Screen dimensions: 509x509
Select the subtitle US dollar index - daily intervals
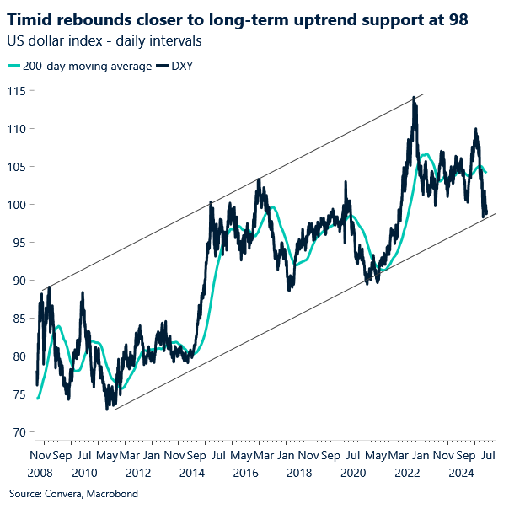[104, 40]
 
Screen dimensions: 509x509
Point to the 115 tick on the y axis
[17, 91]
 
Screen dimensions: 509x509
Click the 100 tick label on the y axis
[17, 205]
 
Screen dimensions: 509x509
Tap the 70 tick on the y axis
[20, 432]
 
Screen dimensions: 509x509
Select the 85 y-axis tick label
[20, 319]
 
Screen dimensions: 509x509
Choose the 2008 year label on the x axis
[40, 472]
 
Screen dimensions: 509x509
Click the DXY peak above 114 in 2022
[413, 98]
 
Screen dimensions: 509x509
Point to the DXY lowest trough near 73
[107, 409]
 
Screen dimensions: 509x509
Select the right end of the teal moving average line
[486, 173]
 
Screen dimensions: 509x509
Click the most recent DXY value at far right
[486, 213]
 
